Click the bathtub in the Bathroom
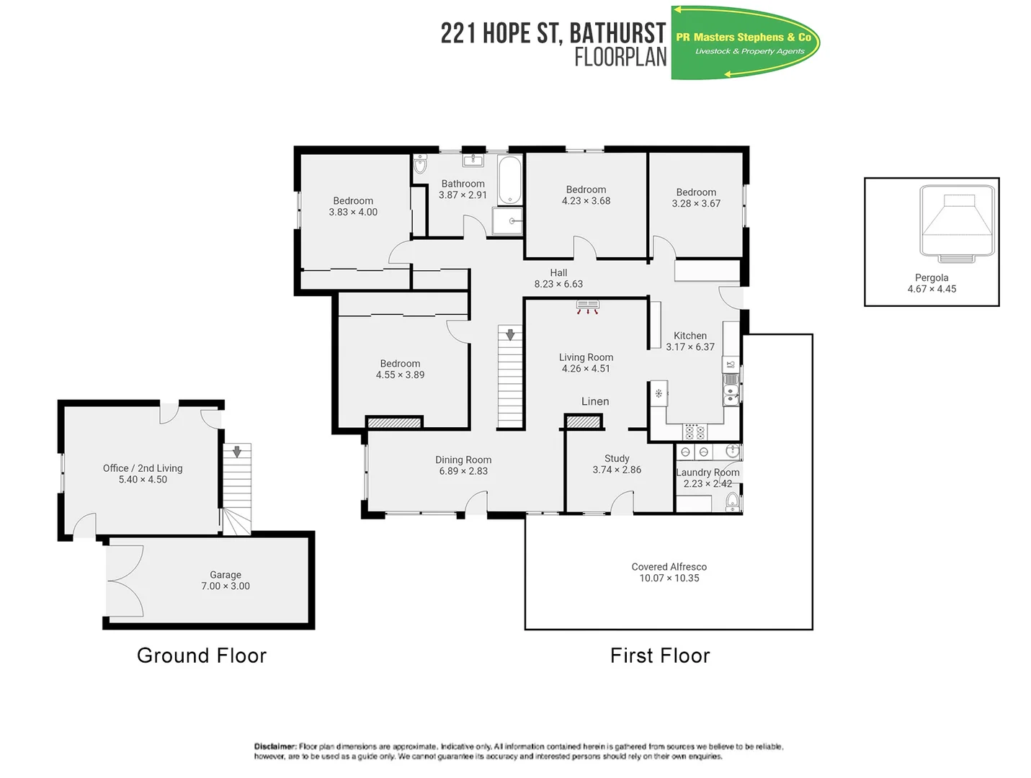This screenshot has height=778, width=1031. [x=509, y=180]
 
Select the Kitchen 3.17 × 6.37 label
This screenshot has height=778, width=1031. [x=690, y=341]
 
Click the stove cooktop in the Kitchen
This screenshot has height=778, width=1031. [x=695, y=432]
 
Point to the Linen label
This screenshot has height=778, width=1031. [x=595, y=401]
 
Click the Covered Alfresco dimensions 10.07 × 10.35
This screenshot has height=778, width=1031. [x=669, y=578]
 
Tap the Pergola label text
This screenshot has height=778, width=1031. [x=932, y=278]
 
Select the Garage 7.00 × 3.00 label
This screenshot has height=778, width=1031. [x=226, y=581]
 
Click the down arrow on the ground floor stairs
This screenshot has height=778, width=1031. [x=237, y=452]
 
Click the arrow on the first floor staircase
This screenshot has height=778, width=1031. [x=510, y=334]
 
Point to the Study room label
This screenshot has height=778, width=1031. [x=617, y=459]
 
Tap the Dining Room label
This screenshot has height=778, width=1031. [x=463, y=460]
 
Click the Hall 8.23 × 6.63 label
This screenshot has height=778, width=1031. [x=558, y=279]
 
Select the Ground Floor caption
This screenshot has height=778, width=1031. [x=202, y=656]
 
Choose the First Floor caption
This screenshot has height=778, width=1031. [x=660, y=656]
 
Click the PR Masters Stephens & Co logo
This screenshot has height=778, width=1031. [x=745, y=43]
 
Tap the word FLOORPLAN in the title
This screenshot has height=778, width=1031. [x=620, y=57]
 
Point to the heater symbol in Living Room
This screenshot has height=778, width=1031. [x=588, y=308]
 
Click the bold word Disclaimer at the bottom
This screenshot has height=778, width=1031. [x=275, y=747]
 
